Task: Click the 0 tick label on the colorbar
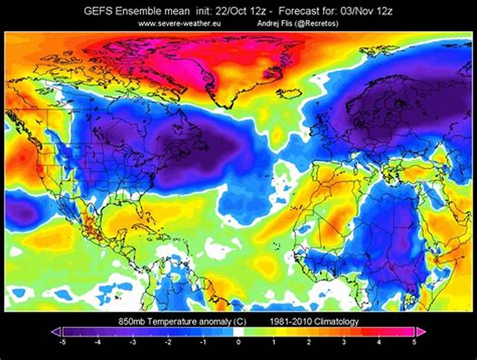point(238,343)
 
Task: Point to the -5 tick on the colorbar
point(63,343)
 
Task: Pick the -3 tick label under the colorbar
point(133,343)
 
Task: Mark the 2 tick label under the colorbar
point(309,343)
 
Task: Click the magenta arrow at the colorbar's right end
point(421,332)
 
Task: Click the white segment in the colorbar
point(238,332)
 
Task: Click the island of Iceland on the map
point(290,94)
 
